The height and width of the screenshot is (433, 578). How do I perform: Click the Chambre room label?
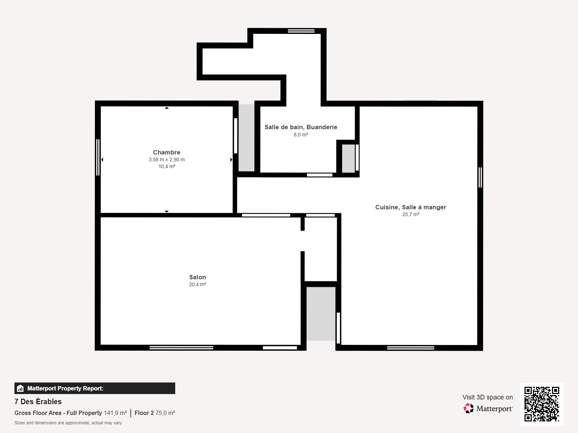[167, 152]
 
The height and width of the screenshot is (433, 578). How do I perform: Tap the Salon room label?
[198, 277]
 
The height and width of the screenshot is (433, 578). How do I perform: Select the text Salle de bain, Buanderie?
[301, 127]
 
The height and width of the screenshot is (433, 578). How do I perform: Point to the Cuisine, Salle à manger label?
[411, 207]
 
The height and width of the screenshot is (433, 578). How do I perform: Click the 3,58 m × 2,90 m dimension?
[167, 159]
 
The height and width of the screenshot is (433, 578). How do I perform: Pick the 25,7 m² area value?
[411, 214]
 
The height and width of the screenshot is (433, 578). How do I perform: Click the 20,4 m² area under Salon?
[198, 284]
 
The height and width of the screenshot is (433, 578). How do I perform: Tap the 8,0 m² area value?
[301, 135]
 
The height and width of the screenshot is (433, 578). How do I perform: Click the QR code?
[542, 404]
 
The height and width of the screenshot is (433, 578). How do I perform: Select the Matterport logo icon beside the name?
[469, 408]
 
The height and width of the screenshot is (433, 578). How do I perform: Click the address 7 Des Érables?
[38, 402]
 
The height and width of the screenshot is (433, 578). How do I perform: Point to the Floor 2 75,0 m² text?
[155, 413]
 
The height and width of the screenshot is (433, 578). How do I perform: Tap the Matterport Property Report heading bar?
[95, 388]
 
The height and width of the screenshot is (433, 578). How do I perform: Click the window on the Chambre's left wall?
[98, 157]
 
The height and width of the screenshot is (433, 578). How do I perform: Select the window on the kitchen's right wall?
[480, 177]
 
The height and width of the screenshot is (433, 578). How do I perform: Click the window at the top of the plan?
[301, 31]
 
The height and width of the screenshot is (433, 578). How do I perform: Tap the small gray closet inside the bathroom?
[348, 158]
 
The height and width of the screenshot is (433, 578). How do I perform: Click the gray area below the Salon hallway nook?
[321, 314]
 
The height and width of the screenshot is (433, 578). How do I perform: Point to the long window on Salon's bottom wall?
[181, 348]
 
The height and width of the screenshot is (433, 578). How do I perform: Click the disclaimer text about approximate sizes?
[68, 423]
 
